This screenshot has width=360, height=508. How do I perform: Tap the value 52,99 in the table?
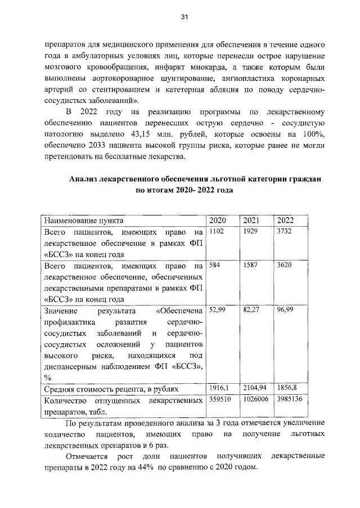pos(217,309)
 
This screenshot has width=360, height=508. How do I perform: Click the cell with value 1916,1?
pos(218,388)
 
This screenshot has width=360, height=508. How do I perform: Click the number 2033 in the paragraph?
pos(105,145)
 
